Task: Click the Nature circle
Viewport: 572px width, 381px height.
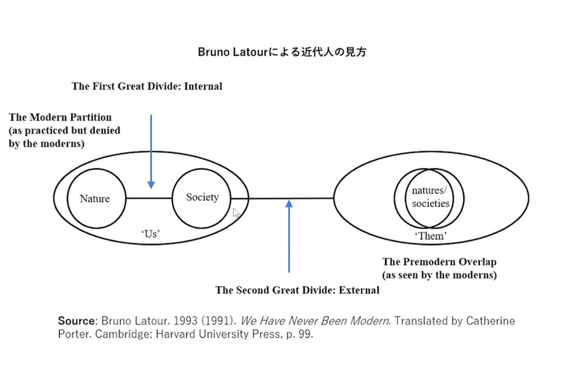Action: coord(95,198)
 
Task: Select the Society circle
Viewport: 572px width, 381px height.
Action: coord(202,197)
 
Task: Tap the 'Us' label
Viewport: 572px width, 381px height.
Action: coord(151,233)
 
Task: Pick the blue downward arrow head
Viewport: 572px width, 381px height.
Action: coord(151,184)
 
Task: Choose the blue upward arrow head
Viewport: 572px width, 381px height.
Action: coord(289,204)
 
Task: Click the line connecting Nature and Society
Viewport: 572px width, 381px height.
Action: coord(148,198)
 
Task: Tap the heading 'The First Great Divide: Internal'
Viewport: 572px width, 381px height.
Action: coord(147,86)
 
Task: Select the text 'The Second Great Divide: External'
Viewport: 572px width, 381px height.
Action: coord(297,290)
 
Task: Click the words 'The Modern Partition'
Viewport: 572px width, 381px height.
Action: coord(60,117)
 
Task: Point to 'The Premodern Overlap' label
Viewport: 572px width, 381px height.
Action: coord(439,262)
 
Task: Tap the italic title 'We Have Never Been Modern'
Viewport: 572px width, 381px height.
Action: coord(314,321)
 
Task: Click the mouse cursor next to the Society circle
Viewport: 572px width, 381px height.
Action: coord(236,213)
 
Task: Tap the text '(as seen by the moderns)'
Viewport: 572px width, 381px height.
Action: coord(439,275)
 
